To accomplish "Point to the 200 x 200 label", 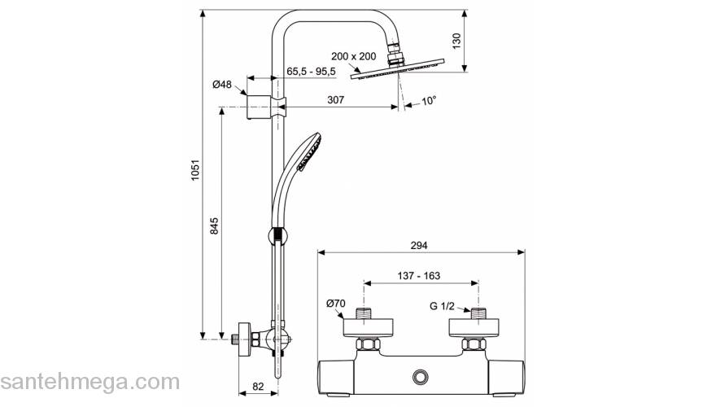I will [x=353, y=56].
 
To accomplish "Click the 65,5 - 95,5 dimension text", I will [x=312, y=72].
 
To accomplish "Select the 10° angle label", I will [x=429, y=100].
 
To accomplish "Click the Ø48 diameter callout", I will [x=222, y=85].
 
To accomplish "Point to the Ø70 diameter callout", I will [x=335, y=304].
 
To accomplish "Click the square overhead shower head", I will [x=399, y=72].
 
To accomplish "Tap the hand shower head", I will [x=309, y=152].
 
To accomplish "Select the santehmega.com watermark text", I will [x=89, y=381].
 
